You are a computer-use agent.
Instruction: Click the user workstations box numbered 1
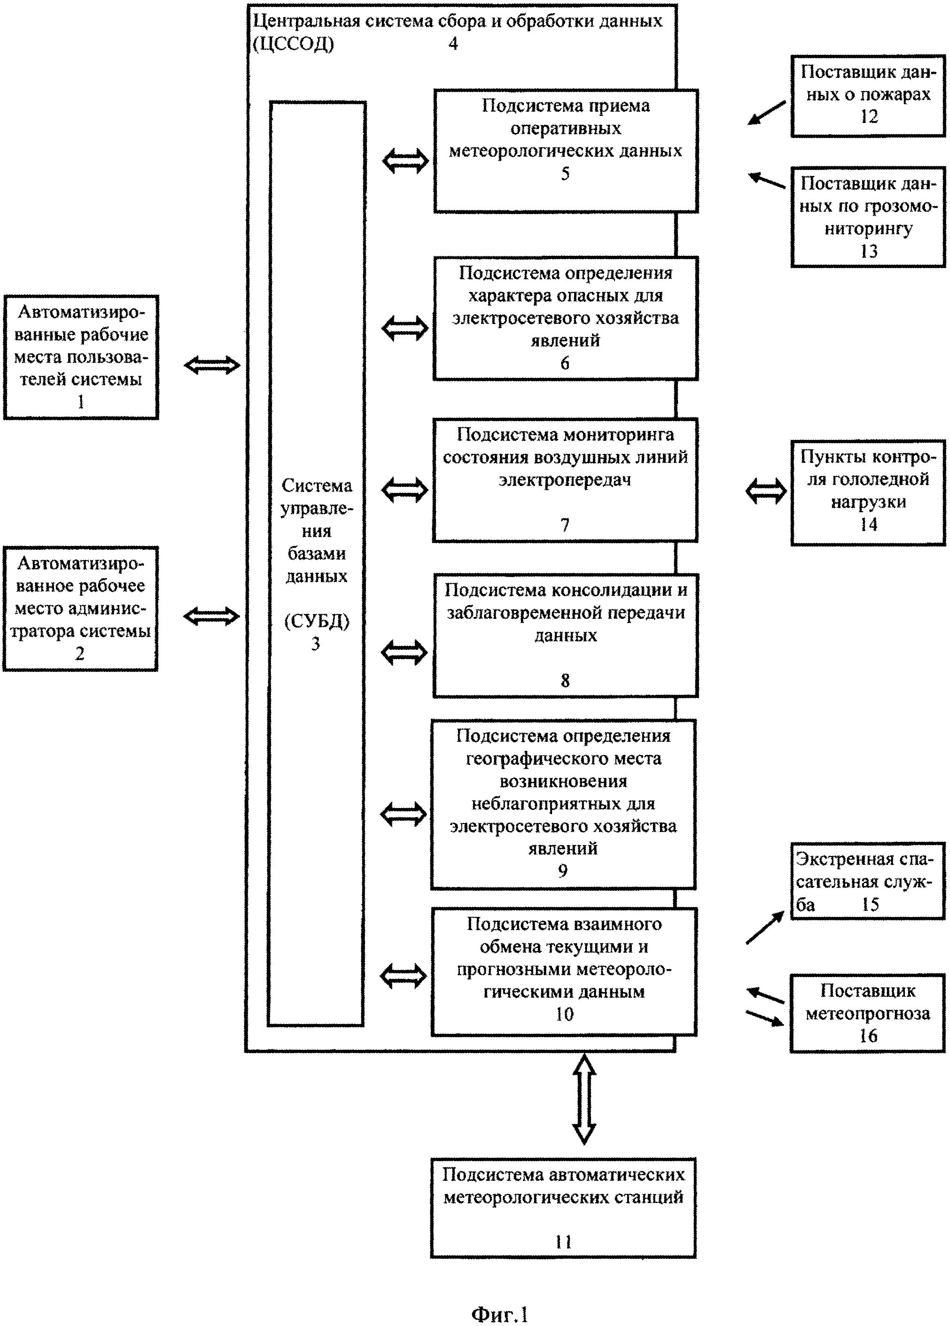click(81, 357)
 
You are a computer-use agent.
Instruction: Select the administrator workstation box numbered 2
click(80, 608)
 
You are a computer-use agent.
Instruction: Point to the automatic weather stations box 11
click(563, 1207)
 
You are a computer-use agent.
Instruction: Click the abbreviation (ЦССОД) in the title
click(294, 44)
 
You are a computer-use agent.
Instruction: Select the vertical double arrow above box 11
click(584, 1099)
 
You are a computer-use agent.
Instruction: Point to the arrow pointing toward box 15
click(764, 928)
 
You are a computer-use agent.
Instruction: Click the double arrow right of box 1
click(212, 365)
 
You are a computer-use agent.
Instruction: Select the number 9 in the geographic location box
click(563, 871)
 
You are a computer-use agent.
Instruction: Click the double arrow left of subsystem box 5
click(405, 160)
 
